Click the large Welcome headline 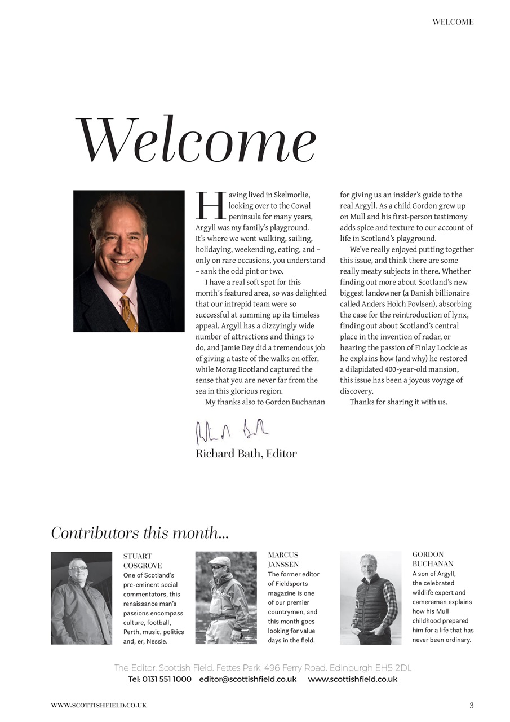coord(196,140)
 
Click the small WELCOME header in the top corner coord(453,22)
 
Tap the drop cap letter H coord(210,206)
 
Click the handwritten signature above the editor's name coord(231,432)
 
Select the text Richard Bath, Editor coord(246,454)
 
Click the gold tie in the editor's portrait coord(129,313)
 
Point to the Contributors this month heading coord(140,532)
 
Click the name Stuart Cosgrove coord(142,561)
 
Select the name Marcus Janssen coord(283,560)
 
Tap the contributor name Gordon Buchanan coord(432,559)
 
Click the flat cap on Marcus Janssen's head coord(220,561)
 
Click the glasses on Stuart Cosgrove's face coord(79,568)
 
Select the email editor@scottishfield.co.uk coord(248,679)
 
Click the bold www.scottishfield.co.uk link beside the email coord(353,679)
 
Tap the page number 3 coord(472,705)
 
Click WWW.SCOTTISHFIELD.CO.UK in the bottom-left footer coord(99,705)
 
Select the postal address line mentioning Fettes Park coord(263,668)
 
